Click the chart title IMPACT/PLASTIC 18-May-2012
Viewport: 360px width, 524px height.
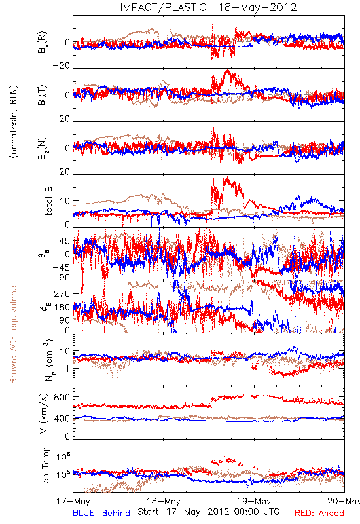(x=208, y=7)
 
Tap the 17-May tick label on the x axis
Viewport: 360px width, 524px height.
(x=73, y=502)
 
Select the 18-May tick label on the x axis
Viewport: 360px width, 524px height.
(x=164, y=502)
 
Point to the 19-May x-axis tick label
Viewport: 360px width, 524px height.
(x=254, y=502)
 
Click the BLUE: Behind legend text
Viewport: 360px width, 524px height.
(x=101, y=513)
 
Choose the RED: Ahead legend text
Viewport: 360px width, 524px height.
(x=319, y=513)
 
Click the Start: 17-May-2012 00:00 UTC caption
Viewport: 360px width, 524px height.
(x=208, y=512)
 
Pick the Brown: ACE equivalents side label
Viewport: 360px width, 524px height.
(x=13, y=333)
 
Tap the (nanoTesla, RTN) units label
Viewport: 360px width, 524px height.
(x=14, y=122)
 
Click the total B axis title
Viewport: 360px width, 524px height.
(x=48, y=201)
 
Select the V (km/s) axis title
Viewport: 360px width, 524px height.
(x=44, y=413)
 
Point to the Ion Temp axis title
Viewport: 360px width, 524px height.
(x=45, y=466)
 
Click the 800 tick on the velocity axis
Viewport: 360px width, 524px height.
(x=62, y=397)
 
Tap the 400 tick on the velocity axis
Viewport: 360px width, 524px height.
(x=62, y=419)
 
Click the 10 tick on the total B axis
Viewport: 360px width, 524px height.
(x=64, y=201)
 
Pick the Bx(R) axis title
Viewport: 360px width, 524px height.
(x=43, y=42)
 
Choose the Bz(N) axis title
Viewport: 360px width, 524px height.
(x=43, y=148)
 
